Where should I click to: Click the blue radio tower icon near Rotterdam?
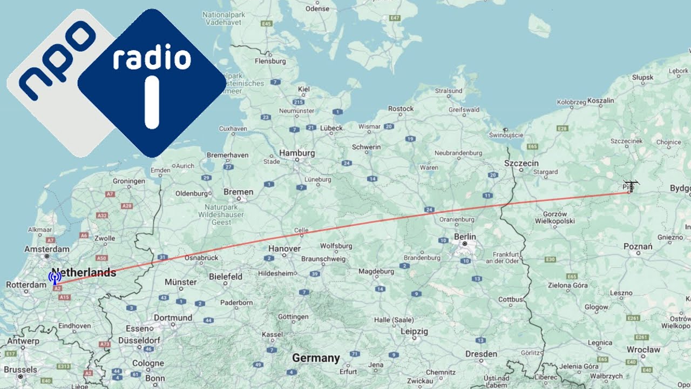[55, 278]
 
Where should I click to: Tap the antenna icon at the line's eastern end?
[630, 186]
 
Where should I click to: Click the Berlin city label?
[465, 237]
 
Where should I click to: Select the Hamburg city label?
[297, 153]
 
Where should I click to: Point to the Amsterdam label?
[47, 249]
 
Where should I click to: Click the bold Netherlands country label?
[84, 272]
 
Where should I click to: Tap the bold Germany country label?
[316, 358]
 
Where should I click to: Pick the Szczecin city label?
[521, 163]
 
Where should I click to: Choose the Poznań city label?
[638, 247]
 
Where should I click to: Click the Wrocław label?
[643, 350]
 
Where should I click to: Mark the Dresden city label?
[481, 354]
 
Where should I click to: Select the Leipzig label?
[414, 331]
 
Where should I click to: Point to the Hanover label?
[284, 249]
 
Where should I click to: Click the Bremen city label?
[238, 192]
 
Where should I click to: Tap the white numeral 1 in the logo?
[152, 103]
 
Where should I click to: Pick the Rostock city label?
[401, 109]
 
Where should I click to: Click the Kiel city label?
[304, 89]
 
